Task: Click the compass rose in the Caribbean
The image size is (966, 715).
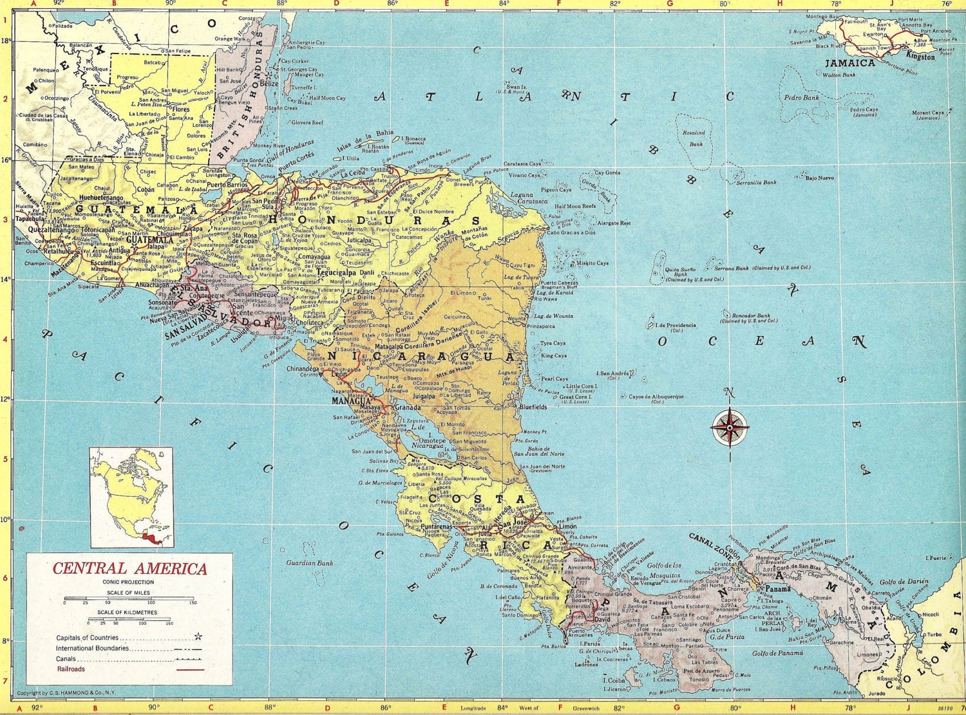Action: coord(730,426)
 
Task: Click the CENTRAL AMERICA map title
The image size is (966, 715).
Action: coord(129,569)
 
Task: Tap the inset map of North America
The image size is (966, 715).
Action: coord(131,497)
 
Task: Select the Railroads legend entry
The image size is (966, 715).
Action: coord(70,669)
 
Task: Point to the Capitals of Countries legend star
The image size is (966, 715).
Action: coord(198,637)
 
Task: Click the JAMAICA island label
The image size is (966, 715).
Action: coord(850,63)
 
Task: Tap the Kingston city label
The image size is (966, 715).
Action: coord(920,57)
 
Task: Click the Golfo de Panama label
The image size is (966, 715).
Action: coord(777,653)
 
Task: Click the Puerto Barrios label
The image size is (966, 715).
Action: coord(227,185)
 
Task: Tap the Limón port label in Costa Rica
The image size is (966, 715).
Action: coord(567,526)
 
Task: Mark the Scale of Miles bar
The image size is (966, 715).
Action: coord(129,599)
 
